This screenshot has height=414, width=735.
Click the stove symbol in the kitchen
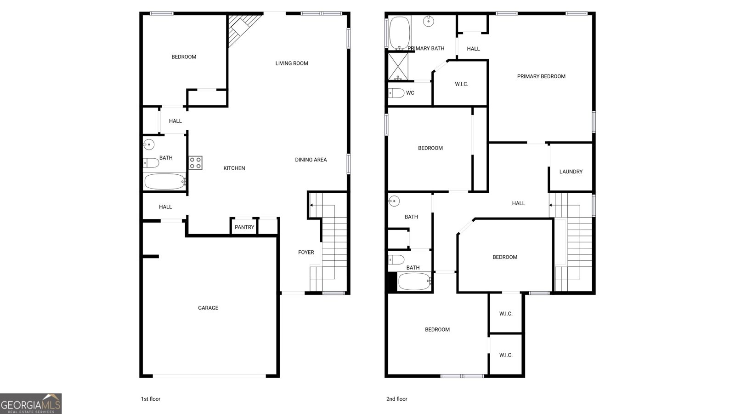pyautogui.click(x=196, y=163)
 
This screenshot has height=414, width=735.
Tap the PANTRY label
pyautogui.click(x=244, y=227)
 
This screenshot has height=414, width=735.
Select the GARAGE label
pyautogui.click(x=208, y=308)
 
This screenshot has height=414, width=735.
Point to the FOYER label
pyautogui.click(x=306, y=253)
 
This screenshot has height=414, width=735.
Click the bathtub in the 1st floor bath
pyautogui.click(x=165, y=181)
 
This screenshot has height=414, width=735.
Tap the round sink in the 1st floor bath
pyautogui.click(x=149, y=144)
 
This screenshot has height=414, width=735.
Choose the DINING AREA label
pyautogui.click(x=311, y=160)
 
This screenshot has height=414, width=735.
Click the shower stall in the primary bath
pyautogui.click(x=398, y=66)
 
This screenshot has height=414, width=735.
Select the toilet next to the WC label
pyautogui.click(x=396, y=93)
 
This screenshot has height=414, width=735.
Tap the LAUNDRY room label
pyautogui.click(x=571, y=172)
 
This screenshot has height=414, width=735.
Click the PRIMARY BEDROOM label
pyautogui.click(x=542, y=76)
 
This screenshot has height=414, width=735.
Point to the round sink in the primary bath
pyautogui.click(x=429, y=21)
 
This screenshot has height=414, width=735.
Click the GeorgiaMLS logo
pyautogui.click(x=31, y=404)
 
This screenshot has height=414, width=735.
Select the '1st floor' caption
pyautogui.click(x=151, y=399)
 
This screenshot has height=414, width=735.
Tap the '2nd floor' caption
pyautogui.click(x=397, y=399)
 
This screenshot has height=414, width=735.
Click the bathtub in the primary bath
pyautogui.click(x=400, y=33)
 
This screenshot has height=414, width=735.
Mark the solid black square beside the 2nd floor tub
pyautogui.click(x=392, y=282)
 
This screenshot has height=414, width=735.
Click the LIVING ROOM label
pyautogui.click(x=292, y=63)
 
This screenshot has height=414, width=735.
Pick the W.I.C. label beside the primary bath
pyautogui.click(x=461, y=84)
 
